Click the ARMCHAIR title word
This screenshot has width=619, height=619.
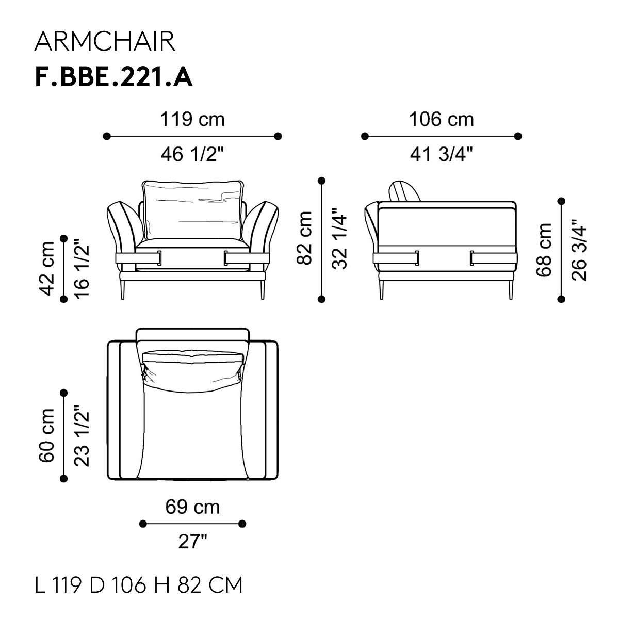coord(105,42)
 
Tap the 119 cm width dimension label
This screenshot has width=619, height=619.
coord(192,120)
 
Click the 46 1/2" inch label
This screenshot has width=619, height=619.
coord(192,154)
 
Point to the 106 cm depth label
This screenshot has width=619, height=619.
coord(441,120)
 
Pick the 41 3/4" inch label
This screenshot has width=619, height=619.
coord(442,154)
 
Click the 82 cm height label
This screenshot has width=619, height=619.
coord(304,238)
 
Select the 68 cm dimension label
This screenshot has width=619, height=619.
coord(544,250)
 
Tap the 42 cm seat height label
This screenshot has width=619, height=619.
coord(46,269)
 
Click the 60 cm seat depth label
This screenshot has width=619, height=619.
coord(46,435)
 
